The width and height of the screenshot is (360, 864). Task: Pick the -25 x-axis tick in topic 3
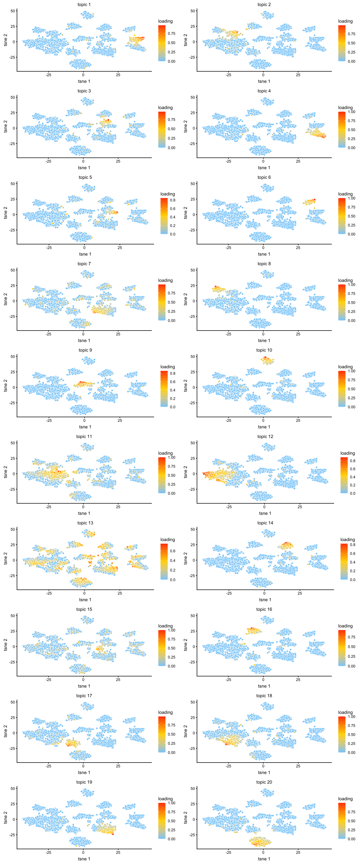point(48,161)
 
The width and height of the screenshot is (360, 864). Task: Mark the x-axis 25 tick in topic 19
point(118,852)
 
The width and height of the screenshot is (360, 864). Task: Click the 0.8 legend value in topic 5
point(172,200)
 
